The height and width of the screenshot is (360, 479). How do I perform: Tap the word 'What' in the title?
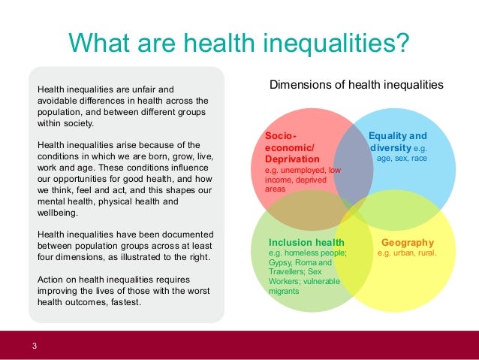[x=102, y=43]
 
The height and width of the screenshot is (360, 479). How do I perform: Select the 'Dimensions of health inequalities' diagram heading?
[x=356, y=85]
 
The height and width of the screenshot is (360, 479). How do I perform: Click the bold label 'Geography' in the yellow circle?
[x=408, y=243]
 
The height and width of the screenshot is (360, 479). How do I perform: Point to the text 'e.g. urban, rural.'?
[x=408, y=253]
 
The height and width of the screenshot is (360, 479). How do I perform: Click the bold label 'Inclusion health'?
[x=306, y=243]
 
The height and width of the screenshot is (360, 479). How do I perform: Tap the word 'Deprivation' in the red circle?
[x=292, y=159]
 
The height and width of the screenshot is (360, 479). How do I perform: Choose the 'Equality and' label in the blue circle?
[x=397, y=136]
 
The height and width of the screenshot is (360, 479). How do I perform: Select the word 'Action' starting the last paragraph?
[x=52, y=279]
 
